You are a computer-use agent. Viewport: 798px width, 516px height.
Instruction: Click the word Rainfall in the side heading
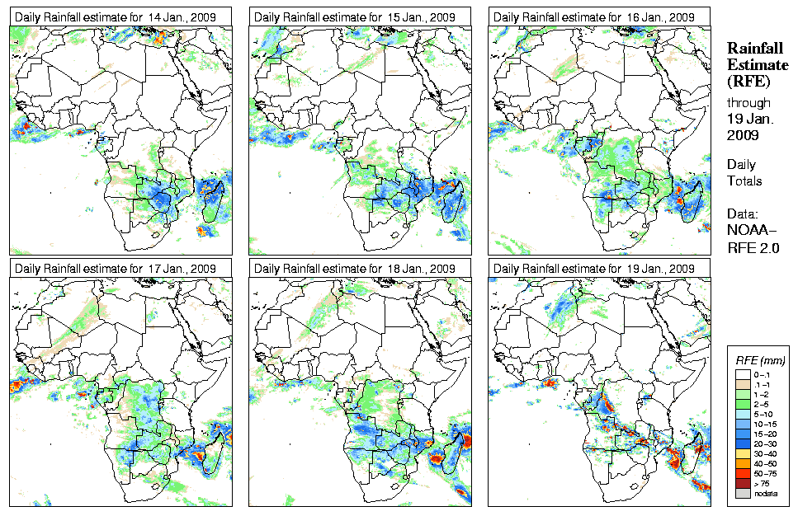point(755,49)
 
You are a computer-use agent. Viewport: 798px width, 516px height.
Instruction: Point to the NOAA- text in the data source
point(752,231)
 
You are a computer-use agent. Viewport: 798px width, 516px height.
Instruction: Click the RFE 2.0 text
point(753,246)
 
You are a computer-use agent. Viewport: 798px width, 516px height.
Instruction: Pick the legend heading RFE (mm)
point(760,360)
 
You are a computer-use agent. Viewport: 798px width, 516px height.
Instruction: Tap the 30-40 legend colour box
point(742,453)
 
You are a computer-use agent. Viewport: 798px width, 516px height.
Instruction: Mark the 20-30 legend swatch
point(742,443)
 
